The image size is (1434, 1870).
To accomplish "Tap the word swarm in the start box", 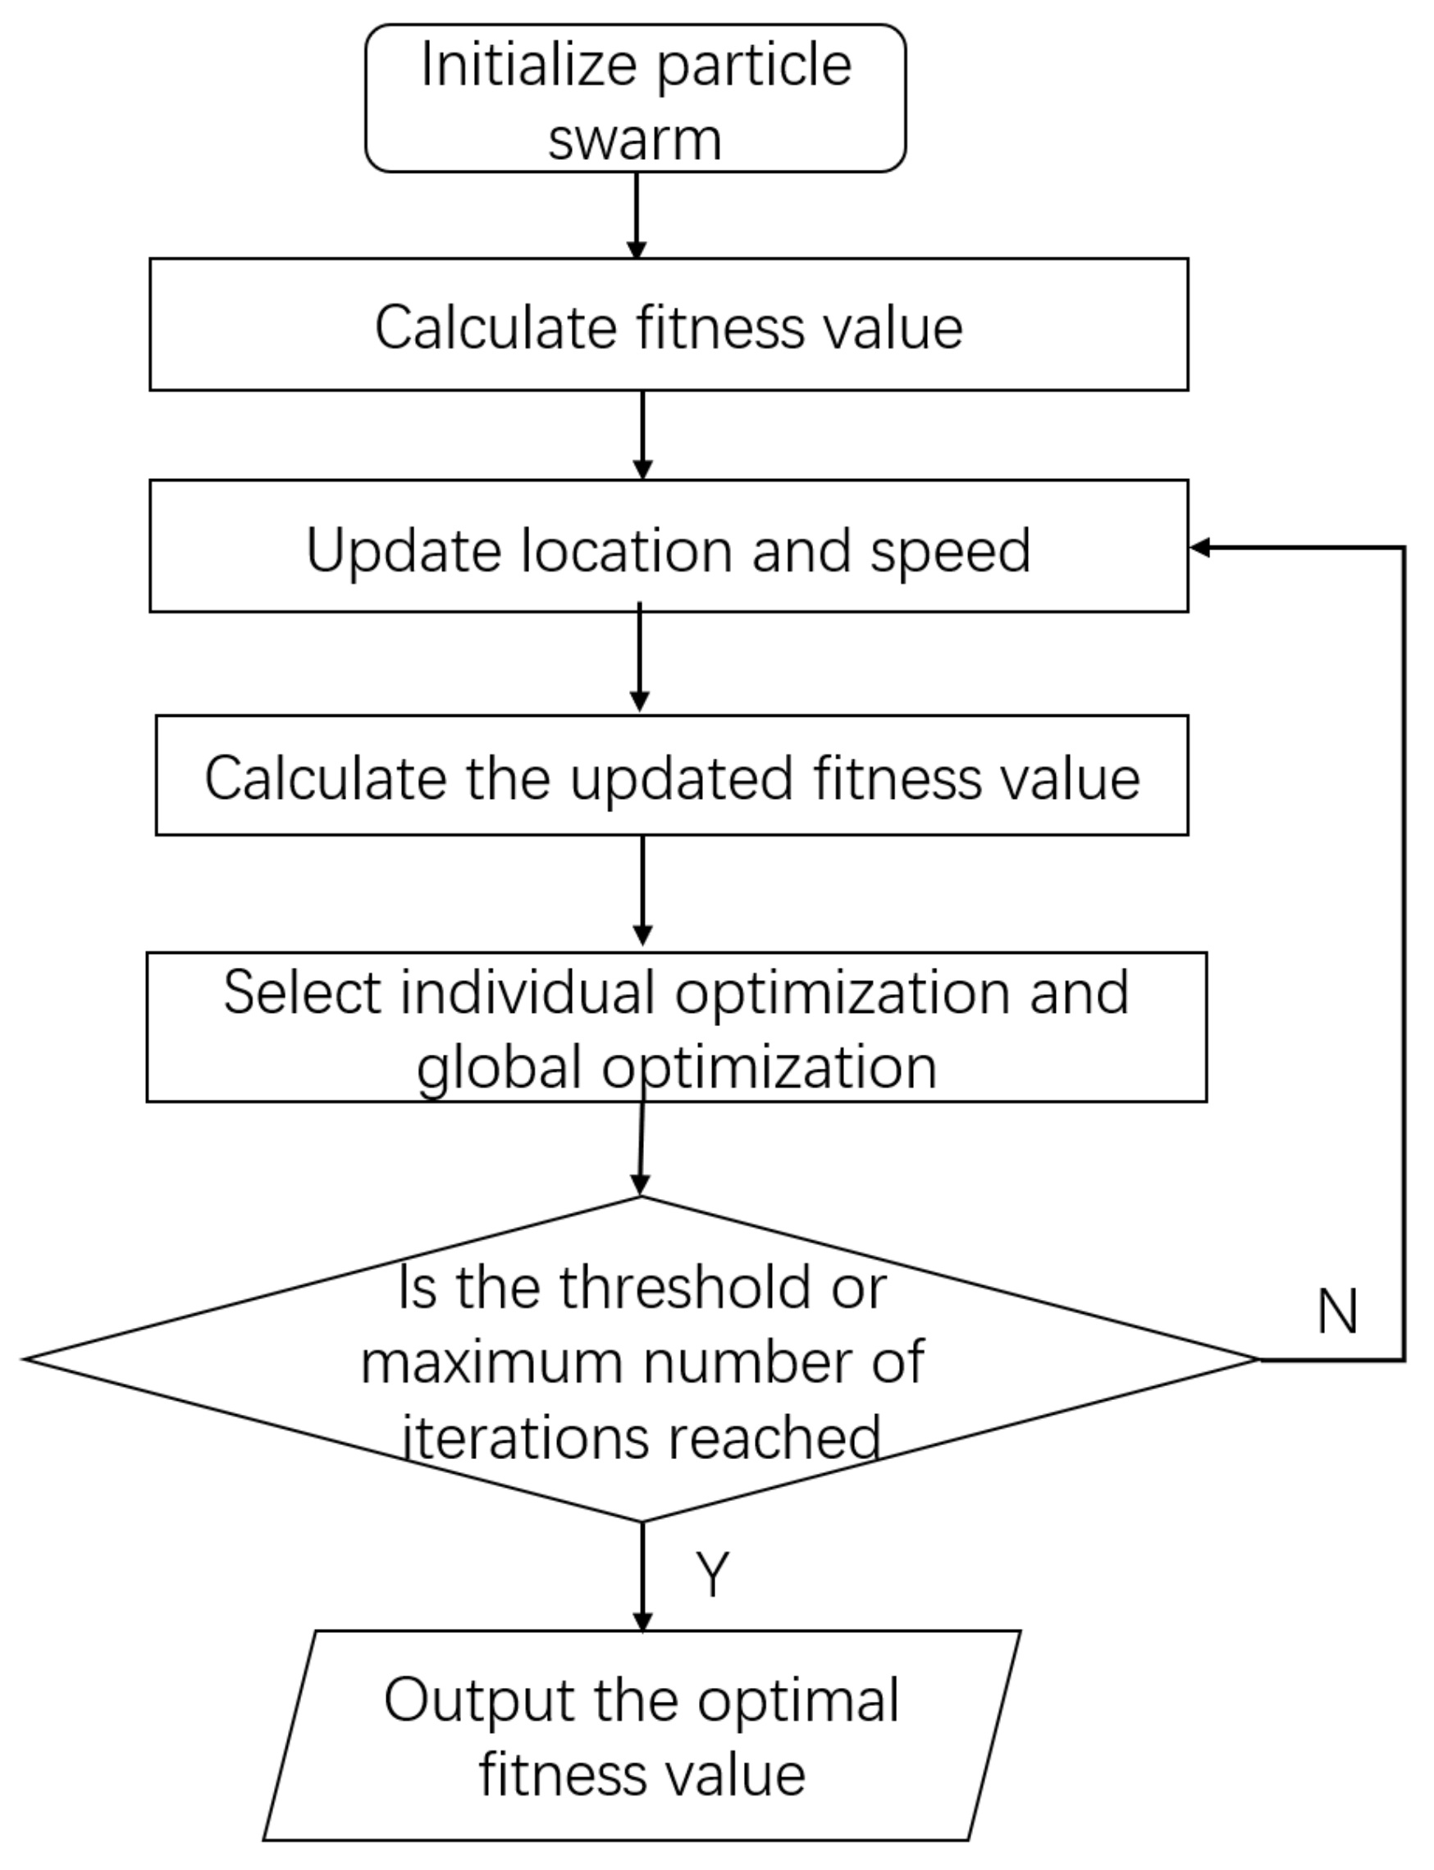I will pos(634,139).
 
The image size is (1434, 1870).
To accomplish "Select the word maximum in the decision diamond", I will pos(491,1363).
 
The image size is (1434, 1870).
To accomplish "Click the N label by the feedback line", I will pos(1336,1311).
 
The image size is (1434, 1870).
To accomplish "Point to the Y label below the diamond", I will pos(712,1573).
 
